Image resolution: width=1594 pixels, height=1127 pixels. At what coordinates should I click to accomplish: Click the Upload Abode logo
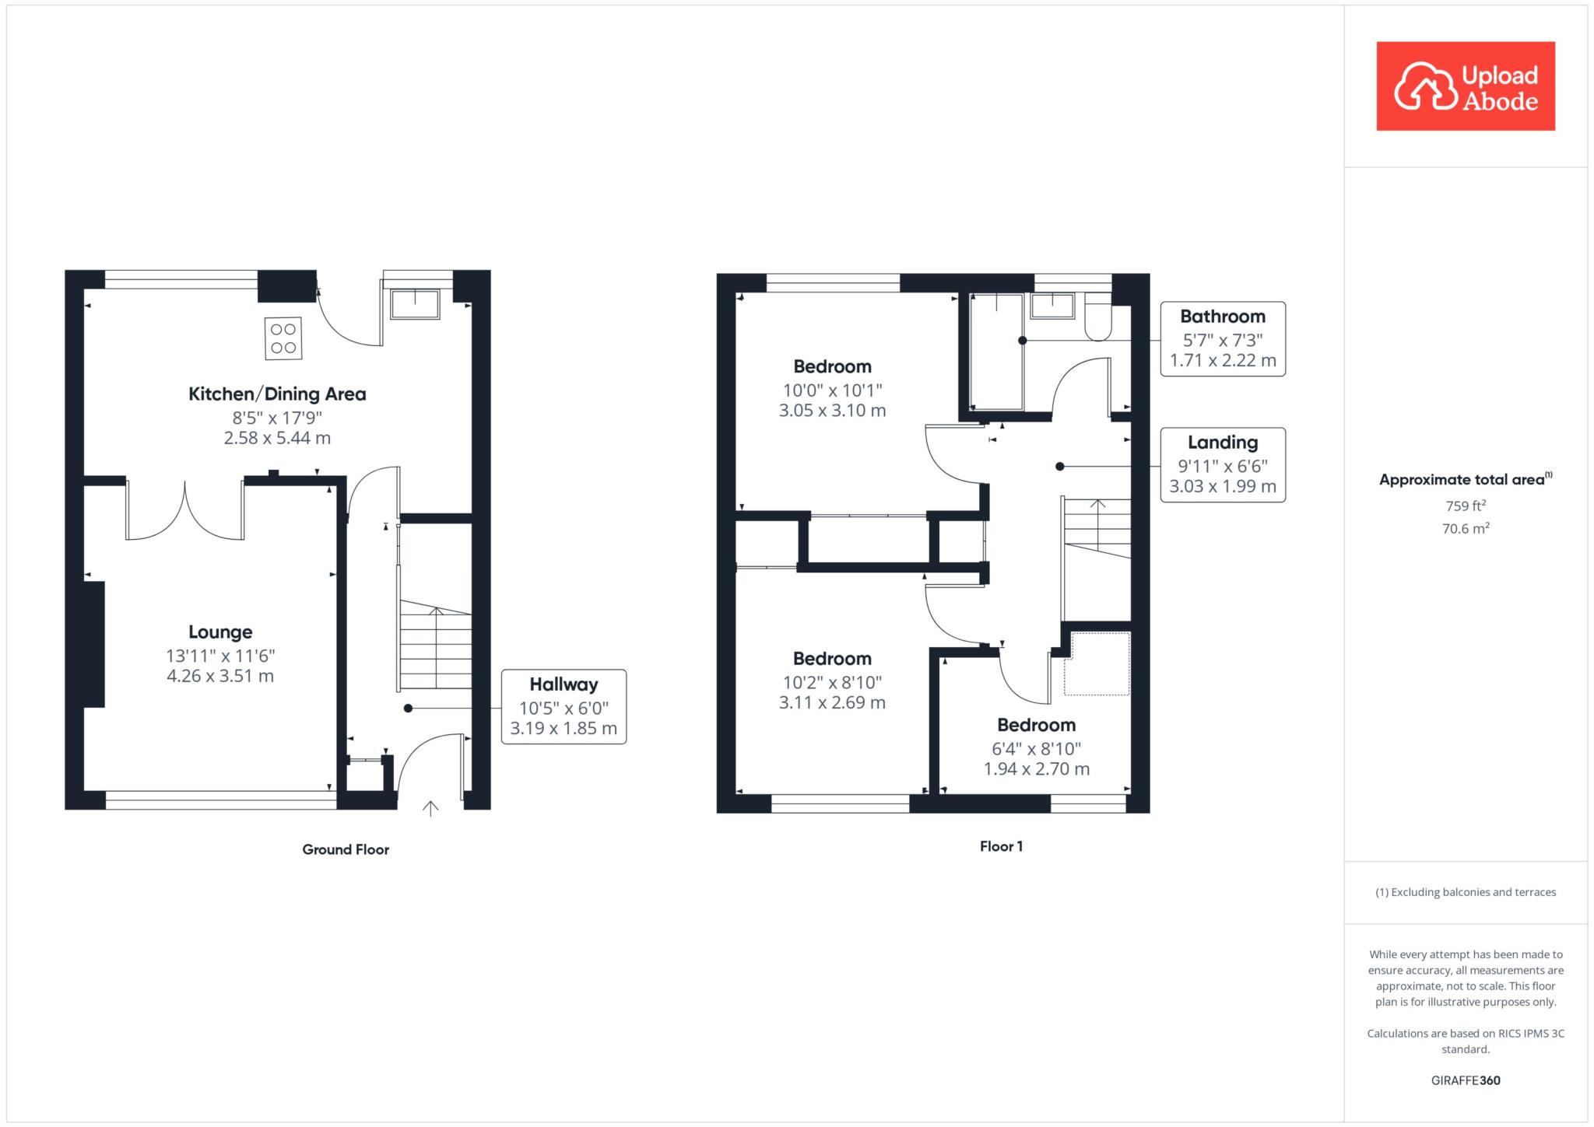(x=1466, y=86)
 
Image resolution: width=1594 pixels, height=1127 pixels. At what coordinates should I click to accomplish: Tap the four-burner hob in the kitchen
(x=283, y=339)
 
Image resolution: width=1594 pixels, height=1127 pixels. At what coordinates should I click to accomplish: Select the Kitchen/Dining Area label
(x=277, y=394)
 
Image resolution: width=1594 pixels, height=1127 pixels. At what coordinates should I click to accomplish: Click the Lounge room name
(x=220, y=632)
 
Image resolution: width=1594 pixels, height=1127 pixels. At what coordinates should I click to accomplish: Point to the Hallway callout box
(x=564, y=706)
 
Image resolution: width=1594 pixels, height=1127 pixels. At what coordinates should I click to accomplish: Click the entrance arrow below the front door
(x=430, y=809)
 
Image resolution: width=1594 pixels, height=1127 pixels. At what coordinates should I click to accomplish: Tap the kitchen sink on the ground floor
(x=416, y=304)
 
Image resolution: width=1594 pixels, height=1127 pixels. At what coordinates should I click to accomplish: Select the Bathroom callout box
(x=1223, y=339)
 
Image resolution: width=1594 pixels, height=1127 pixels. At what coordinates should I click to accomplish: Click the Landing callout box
(x=1223, y=465)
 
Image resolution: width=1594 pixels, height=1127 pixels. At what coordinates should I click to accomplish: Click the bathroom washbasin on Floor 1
(x=1052, y=306)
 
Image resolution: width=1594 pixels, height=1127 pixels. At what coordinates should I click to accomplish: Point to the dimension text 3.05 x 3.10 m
(x=832, y=411)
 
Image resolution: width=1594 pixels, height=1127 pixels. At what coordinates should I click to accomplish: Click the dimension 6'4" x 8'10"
(x=1036, y=749)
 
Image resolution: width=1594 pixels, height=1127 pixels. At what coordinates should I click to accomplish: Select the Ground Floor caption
(x=346, y=849)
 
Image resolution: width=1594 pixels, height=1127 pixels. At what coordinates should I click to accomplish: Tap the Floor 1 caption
(x=1001, y=846)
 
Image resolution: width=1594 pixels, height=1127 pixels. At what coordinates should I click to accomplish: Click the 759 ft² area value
(x=1466, y=506)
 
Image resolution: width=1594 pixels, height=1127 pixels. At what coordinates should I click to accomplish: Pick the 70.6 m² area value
(x=1466, y=529)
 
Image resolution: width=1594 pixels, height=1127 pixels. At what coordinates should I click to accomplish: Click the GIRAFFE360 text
(x=1466, y=1080)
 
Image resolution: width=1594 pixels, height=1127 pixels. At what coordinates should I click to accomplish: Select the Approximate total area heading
(x=1466, y=479)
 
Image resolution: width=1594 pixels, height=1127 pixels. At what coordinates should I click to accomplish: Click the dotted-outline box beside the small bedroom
(x=1097, y=663)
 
